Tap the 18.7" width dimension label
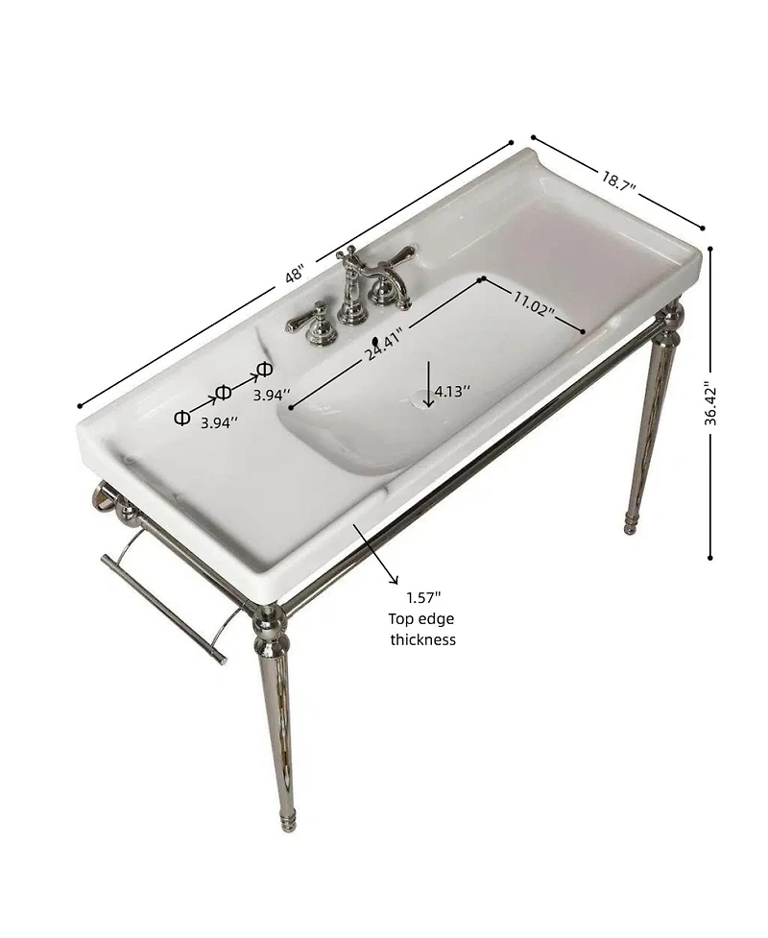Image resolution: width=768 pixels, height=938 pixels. coord(620,180)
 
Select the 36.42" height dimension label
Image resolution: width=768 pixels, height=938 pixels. coord(710,402)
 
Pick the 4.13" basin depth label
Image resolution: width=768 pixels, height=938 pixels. coord(453,391)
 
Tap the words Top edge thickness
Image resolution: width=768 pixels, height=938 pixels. coord(422,630)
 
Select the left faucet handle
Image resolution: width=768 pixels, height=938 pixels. coord(312,321)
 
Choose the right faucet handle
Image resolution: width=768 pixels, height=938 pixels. coord(396,259)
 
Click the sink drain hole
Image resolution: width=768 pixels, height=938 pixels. coord(422,402)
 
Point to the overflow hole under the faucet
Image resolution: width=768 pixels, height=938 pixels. coord(375,340)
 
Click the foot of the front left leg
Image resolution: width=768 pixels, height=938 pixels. coord(287,820)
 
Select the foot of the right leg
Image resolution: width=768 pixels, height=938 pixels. coord(631,524)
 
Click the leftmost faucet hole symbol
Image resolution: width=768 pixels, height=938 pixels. coord(181,418)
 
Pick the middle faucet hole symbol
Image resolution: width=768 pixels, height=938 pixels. coord(224,392)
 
